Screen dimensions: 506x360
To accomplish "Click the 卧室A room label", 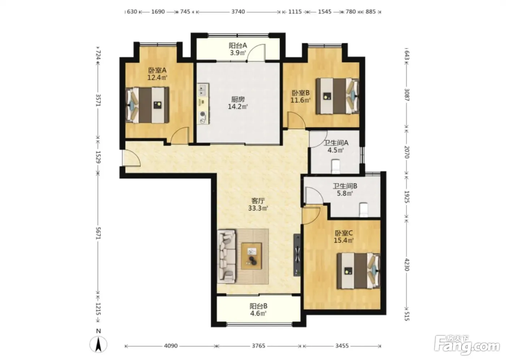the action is point(157,70).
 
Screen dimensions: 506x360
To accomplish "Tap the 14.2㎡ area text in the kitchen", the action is point(238,107).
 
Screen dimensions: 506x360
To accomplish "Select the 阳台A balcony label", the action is point(238,46).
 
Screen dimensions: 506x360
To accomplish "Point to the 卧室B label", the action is point(301,93).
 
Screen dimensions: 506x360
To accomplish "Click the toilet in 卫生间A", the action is point(335,167).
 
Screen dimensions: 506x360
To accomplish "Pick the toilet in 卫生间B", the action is point(364,210).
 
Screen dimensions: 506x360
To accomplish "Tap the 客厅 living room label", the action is point(258,201).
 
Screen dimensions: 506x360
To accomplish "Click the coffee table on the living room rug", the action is point(252,256).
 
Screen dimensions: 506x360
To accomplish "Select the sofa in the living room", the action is point(226,256).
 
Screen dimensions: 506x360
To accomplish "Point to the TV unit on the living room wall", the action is point(297,255).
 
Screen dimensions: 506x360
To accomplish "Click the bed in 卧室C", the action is point(359,271).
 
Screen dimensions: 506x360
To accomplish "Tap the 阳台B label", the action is point(258,306).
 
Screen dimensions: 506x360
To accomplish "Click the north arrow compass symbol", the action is point(98,344).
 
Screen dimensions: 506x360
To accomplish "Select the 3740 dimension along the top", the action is point(238,12).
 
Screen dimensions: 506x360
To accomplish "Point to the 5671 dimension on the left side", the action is point(98,233).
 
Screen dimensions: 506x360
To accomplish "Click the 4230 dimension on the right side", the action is point(407,265).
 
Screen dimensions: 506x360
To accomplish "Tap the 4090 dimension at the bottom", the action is point(171,346).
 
